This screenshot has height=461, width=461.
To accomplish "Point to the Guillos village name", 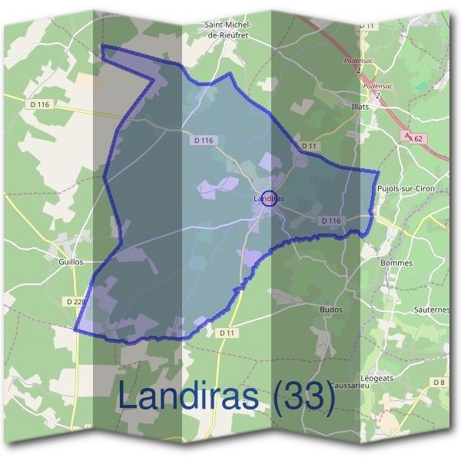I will click(x=70, y=261).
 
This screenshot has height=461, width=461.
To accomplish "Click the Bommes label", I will click(x=396, y=263).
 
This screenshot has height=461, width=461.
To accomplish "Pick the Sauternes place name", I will click(x=431, y=310).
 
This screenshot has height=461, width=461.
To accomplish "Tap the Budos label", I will click(x=330, y=310).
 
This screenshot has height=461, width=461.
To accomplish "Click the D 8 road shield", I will click(x=439, y=382).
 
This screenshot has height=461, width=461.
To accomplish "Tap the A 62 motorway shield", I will click(x=413, y=138).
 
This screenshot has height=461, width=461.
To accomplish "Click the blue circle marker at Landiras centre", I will click(x=269, y=198).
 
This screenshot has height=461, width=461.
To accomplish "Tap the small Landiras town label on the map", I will click(x=268, y=199).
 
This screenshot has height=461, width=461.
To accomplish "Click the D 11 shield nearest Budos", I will click(x=226, y=333).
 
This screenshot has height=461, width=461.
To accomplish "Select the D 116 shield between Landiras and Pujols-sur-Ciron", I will click(x=331, y=221).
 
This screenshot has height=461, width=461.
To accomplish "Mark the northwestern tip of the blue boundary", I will click(x=102, y=47).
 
